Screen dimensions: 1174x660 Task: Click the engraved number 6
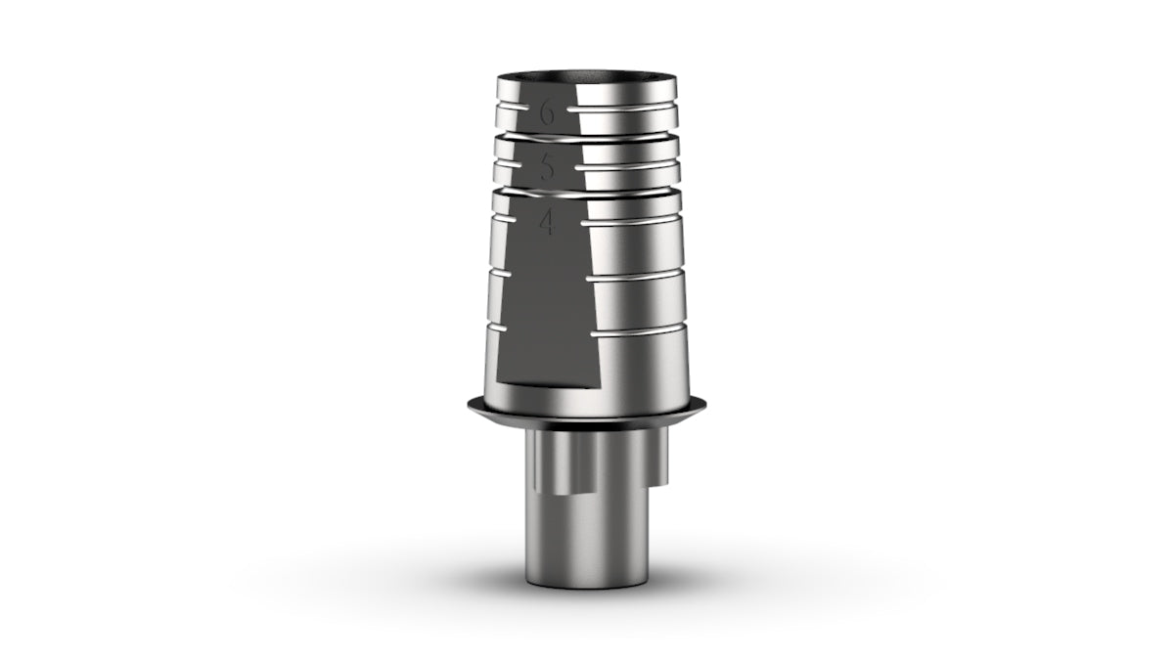[547, 113]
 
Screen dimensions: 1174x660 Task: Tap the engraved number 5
[547, 168]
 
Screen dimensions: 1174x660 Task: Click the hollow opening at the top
[586, 76]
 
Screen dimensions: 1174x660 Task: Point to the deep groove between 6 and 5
[587, 139]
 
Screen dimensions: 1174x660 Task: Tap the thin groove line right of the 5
[627, 165]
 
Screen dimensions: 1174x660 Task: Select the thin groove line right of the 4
[631, 222]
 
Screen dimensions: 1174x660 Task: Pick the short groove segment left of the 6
[513, 107]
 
